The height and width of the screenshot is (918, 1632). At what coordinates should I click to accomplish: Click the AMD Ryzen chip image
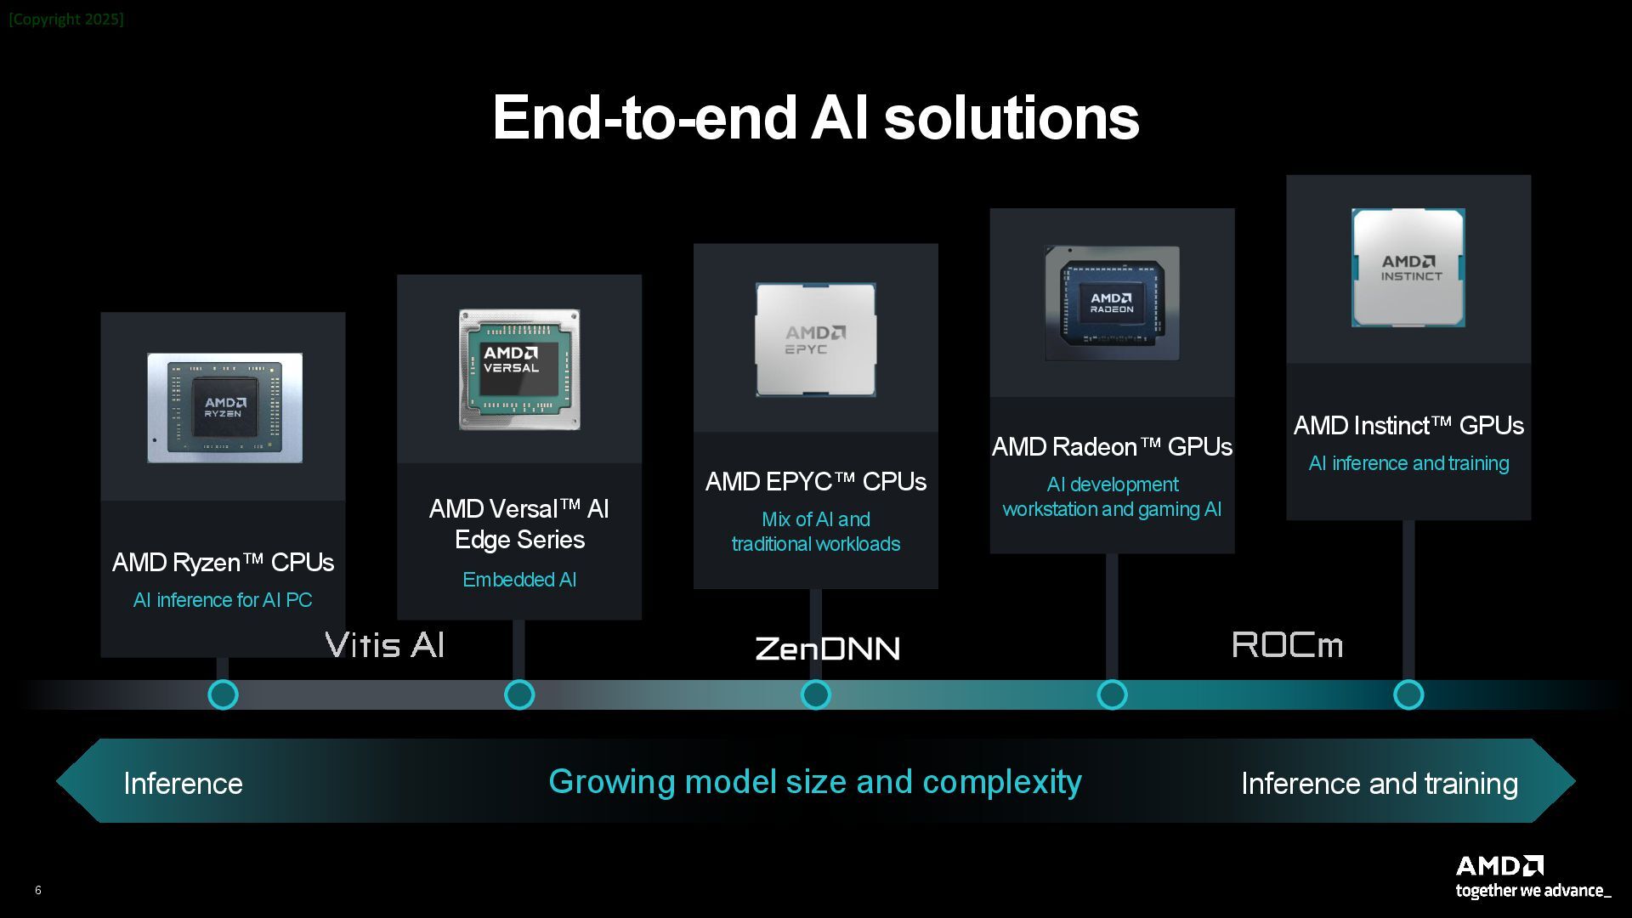(224, 408)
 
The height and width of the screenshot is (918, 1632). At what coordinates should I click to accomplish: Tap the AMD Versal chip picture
(519, 369)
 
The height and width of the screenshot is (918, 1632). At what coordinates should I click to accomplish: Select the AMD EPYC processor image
(816, 340)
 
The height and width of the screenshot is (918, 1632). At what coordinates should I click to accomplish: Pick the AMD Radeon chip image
(1112, 303)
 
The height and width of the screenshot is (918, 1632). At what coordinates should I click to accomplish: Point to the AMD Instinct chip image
(1408, 268)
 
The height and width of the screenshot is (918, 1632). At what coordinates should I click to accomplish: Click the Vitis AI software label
(385, 645)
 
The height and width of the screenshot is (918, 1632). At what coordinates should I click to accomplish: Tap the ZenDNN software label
(827, 649)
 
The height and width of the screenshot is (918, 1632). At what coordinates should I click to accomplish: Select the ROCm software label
(1287, 645)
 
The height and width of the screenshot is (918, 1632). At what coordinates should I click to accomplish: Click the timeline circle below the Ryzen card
(223, 694)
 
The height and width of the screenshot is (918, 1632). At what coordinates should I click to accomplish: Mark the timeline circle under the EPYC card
(816, 694)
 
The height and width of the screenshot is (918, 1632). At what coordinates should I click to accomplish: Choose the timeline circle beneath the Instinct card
(1408, 694)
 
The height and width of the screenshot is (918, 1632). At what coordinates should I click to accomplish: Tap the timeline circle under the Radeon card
(1112, 694)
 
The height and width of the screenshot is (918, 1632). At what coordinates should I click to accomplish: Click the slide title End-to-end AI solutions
(816, 117)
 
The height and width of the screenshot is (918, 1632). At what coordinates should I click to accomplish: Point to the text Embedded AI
(519, 580)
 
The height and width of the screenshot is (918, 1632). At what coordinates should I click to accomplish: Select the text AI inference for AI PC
(223, 600)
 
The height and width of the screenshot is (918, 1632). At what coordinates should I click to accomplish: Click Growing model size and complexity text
(815, 782)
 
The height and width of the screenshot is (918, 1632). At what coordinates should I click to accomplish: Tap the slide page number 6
(37, 890)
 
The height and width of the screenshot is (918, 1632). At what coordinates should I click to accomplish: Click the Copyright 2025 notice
(66, 19)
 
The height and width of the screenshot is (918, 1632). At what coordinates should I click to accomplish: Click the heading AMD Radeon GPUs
(1112, 447)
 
